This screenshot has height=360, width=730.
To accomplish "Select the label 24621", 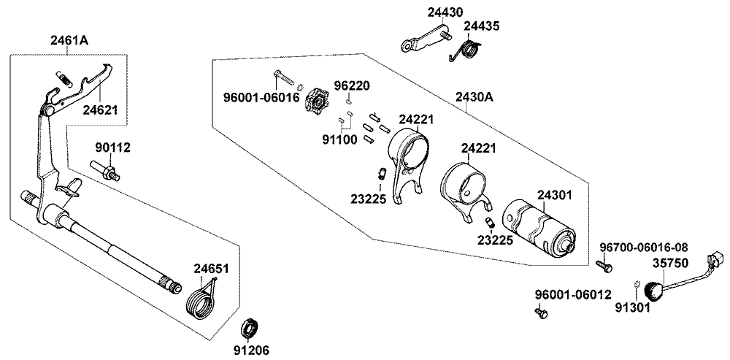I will tap(101, 110).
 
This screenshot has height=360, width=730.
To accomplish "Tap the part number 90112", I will tap(112, 148).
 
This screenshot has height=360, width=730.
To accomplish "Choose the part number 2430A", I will tap(477, 96).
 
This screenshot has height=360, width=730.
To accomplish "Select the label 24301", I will tap(555, 195).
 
